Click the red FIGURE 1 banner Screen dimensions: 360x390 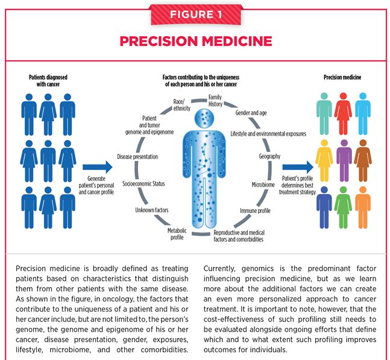tap(195, 14)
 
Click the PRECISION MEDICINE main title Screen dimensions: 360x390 tap(195, 41)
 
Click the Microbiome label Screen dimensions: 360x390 tap(263, 184)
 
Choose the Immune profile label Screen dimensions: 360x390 tap(255, 210)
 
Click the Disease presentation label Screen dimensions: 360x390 tap(137, 157)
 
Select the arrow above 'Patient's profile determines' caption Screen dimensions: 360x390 tap(297, 163)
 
